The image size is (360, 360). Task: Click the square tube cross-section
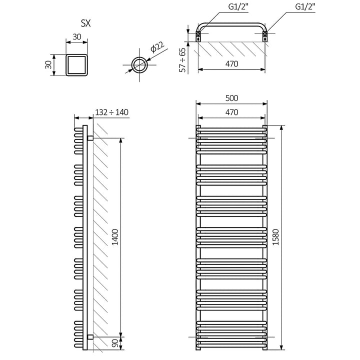[77, 65]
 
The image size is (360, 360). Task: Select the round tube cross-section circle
[140, 64]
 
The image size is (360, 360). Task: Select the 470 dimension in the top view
[231, 63]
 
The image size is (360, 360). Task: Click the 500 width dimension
[231, 98]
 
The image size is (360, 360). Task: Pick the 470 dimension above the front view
[231, 112]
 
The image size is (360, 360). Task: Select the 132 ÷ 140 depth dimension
[111, 111]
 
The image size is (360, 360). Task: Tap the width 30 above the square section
[77, 37]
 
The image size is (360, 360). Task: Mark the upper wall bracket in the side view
[90, 137]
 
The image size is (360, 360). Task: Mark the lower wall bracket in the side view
[90, 335]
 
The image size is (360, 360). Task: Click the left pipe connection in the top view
[198, 36]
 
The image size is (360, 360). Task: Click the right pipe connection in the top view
[265, 36]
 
